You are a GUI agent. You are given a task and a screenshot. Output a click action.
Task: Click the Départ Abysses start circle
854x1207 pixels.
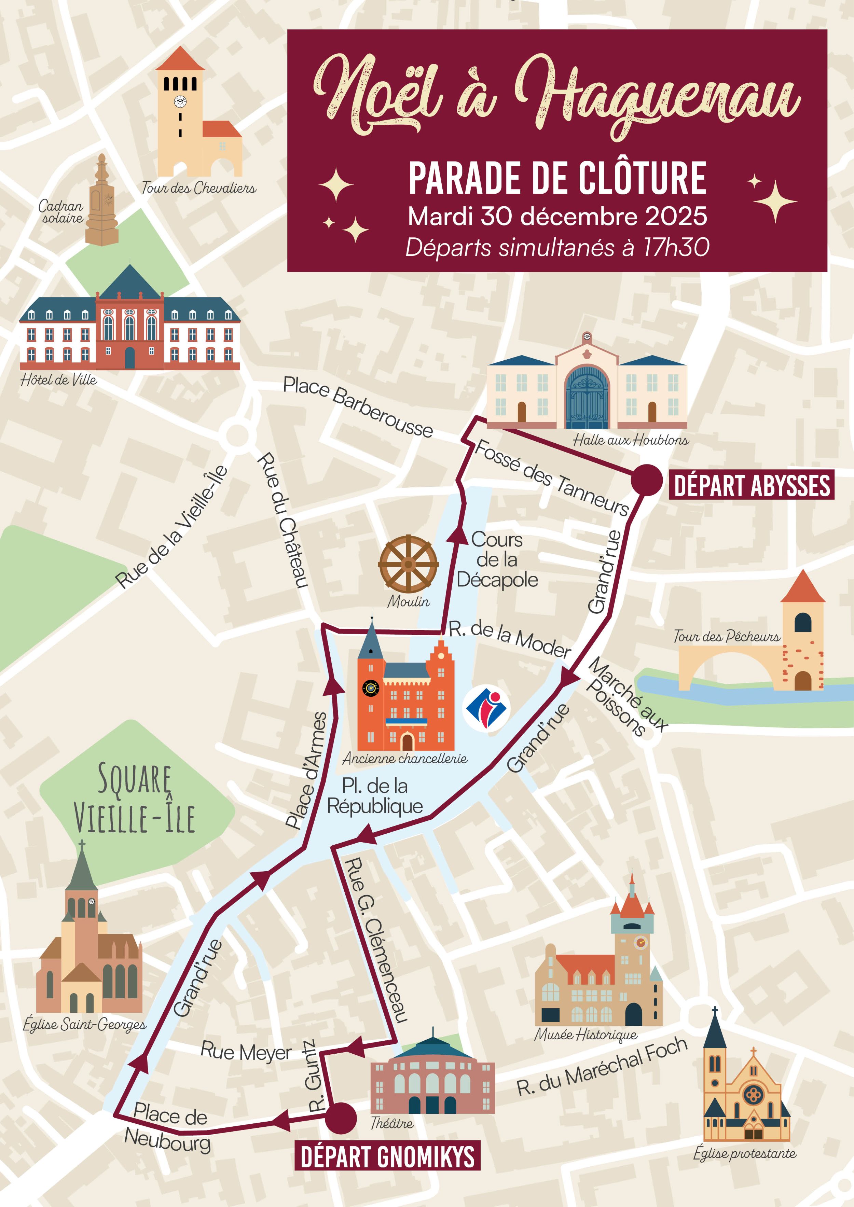[646, 480]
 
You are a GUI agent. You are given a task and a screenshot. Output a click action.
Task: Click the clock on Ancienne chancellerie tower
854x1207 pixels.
[371, 688]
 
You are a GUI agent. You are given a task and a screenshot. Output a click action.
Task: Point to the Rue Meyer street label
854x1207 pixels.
[246, 1051]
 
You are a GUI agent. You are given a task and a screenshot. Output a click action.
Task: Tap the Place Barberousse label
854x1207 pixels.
[358, 406]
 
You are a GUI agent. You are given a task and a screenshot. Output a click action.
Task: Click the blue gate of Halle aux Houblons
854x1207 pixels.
[586, 398]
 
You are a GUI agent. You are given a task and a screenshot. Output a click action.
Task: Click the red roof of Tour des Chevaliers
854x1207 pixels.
[180, 59]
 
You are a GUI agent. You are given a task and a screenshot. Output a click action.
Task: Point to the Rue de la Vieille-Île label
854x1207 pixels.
[171, 527]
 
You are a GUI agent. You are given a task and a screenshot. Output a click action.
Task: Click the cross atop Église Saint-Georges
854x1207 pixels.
[82, 845]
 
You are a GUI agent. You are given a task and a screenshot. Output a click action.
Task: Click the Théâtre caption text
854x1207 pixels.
[392, 1123]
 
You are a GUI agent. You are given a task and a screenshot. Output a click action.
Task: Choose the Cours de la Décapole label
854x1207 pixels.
[497, 559]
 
